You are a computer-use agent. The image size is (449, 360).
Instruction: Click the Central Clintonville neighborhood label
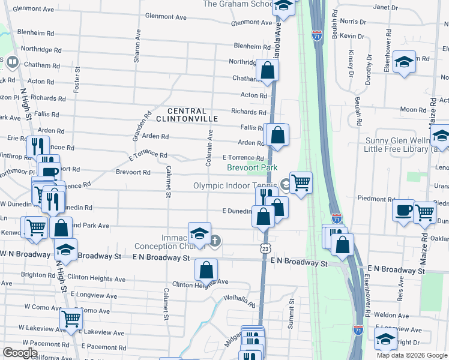click(192, 115)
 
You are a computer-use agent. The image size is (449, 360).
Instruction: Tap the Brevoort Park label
click(252, 168)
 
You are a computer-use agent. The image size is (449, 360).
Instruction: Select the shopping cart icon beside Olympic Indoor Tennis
click(301, 182)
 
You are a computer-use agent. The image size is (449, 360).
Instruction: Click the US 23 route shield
click(265, 248)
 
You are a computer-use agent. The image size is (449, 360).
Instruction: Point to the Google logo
click(20, 353)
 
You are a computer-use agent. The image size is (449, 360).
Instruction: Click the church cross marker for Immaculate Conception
click(215, 241)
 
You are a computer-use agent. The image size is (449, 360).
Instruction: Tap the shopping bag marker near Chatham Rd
click(267, 70)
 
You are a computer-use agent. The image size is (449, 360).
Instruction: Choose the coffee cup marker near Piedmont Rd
click(403, 210)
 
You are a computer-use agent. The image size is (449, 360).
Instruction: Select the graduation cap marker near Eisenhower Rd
click(405, 61)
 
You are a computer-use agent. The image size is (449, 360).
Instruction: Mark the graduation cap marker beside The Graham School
click(283, 6)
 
